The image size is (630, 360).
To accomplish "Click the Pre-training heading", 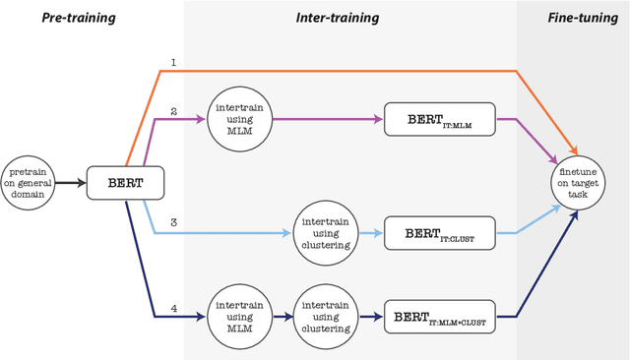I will tap(78, 19).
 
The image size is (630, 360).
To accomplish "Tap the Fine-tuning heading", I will tap(575, 19).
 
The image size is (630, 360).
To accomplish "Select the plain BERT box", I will tap(124, 183).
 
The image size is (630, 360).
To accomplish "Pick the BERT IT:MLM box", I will tap(439, 120).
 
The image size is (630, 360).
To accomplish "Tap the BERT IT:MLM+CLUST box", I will tap(439, 317).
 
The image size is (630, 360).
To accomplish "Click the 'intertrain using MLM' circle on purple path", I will tap(238, 120).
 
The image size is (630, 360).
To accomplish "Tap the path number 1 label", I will tap(173, 62).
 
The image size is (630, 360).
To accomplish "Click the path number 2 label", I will tap(173, 111).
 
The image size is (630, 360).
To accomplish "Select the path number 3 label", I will tap(173, 224).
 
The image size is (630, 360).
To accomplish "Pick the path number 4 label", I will tap(173, 308).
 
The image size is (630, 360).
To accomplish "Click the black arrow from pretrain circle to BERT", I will tap(71, 183).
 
